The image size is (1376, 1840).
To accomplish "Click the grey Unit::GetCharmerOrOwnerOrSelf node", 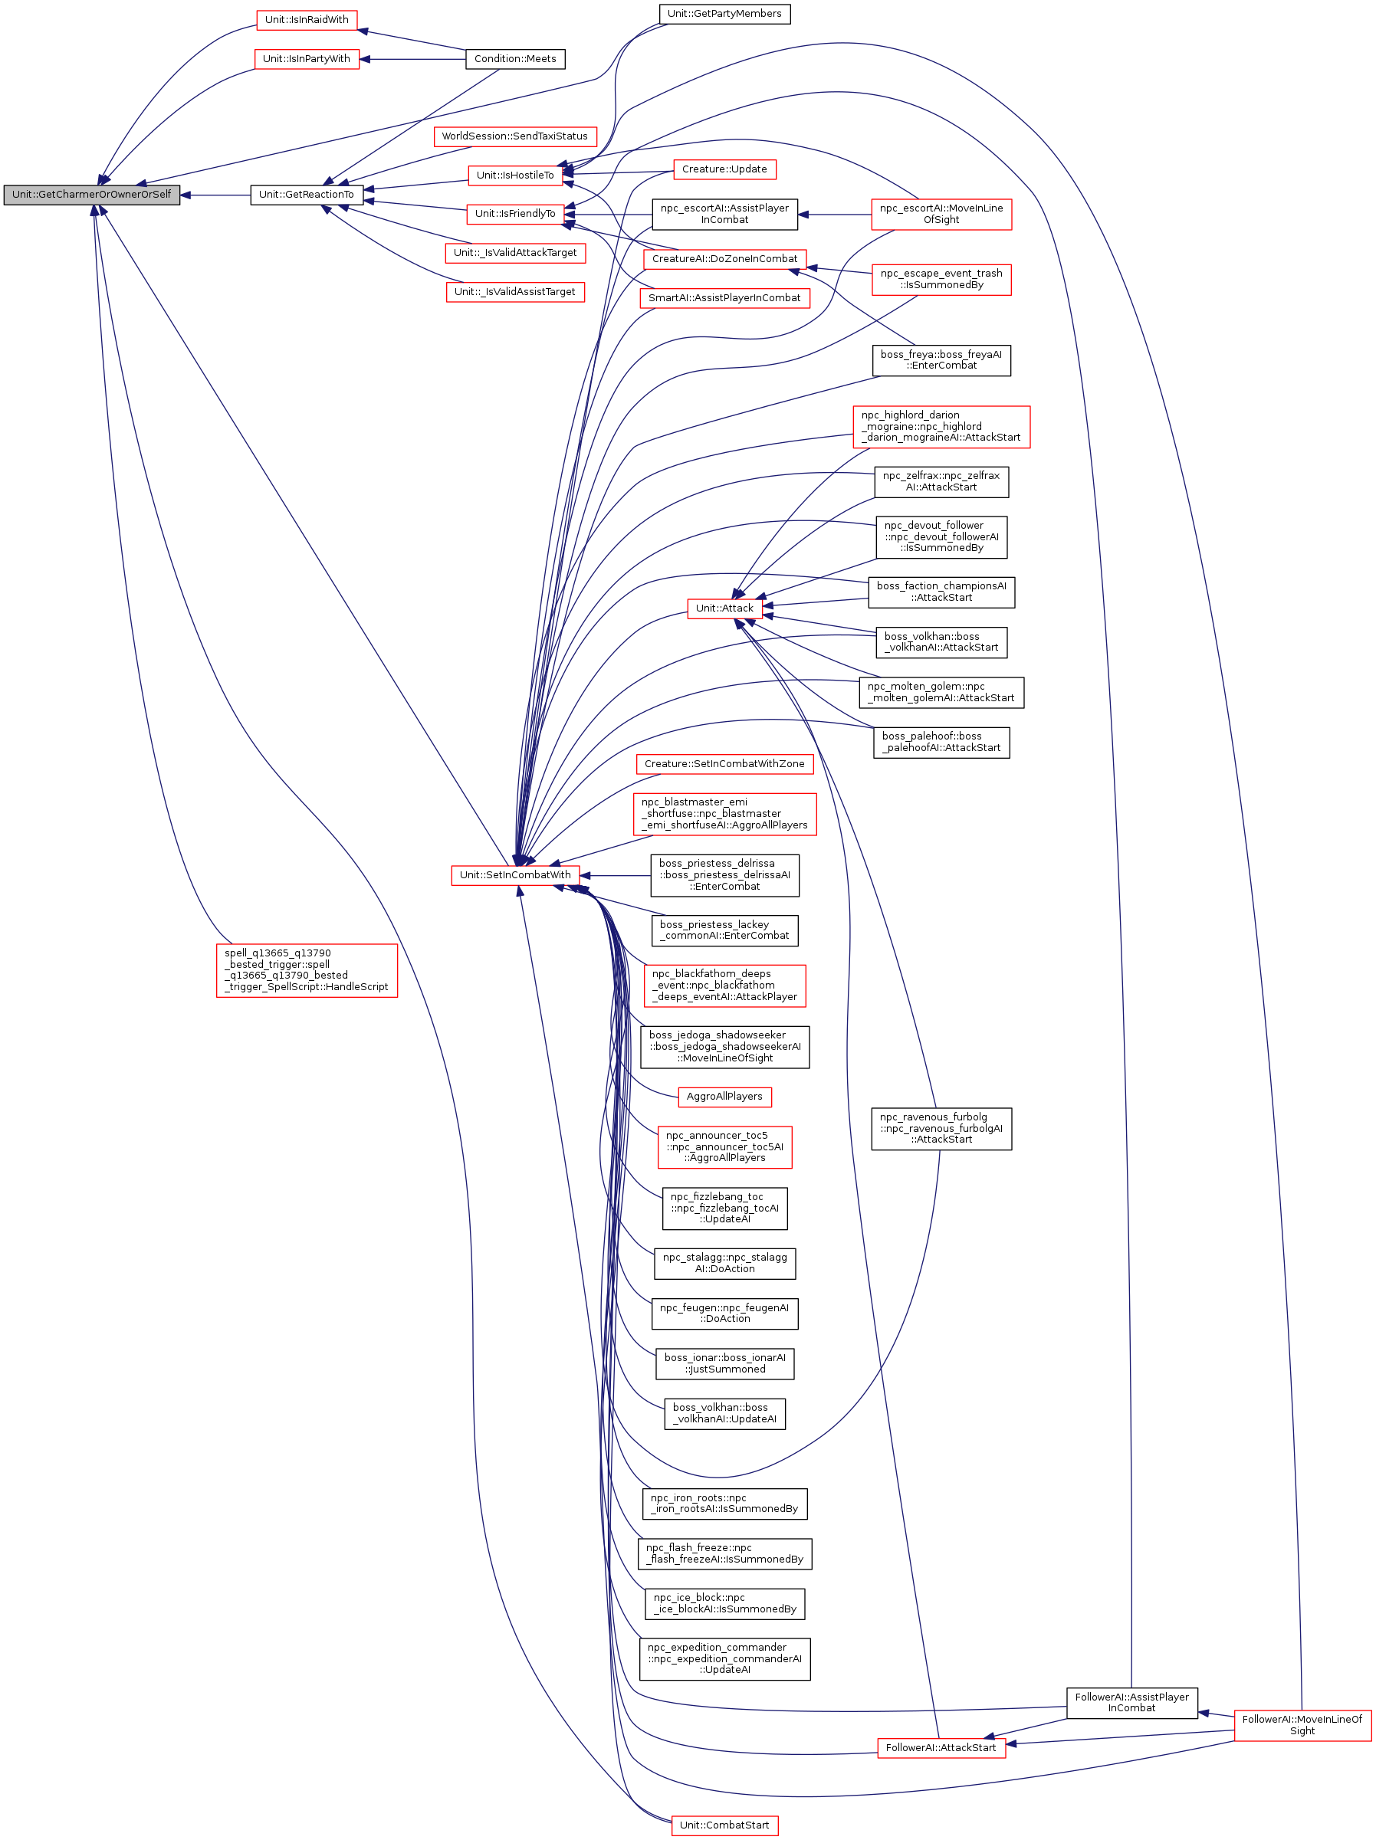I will [91, 195].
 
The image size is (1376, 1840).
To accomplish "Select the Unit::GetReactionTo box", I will [306, 195].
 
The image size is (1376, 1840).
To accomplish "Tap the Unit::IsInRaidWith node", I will [306, 20].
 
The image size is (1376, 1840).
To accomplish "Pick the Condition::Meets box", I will [515, 59].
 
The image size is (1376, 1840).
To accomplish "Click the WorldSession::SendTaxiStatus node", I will [514, 136].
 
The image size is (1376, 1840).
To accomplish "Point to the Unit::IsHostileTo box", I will [515, 175].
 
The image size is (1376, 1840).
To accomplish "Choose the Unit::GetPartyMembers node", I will [724, 14].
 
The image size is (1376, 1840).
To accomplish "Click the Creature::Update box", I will [724, 169].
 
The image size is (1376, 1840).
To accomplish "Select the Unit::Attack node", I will [724, 608].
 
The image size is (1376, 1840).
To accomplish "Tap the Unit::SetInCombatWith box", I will [515, 875].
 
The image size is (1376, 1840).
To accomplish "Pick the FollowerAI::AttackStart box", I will [940, 1748].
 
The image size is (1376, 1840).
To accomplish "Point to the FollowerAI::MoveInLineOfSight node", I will [1302, 1725].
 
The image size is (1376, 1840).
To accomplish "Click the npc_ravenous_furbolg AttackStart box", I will [941, 1129].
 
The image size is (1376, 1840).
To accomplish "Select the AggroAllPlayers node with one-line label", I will [724, 1097].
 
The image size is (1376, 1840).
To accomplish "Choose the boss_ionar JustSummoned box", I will [724, 1363].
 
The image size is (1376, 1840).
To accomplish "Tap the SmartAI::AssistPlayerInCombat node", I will [724, 298].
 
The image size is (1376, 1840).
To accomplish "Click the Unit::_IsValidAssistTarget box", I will [515, 292].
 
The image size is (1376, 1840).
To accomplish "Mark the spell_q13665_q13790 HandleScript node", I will [306, 970].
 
